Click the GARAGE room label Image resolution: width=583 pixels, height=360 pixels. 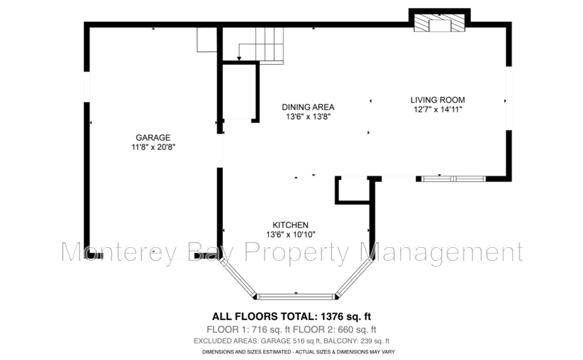pos(153,138)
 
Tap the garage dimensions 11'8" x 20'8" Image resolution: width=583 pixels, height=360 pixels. pos(153,147)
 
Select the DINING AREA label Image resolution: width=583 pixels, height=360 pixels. pos(308,107)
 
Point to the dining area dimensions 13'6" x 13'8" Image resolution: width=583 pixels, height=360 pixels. pos(308,117)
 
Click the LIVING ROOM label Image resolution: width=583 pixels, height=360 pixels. pos(438,100)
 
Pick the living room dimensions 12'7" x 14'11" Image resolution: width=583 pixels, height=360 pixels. pos(438,109)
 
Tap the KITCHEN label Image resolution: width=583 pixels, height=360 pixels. pos(290,225)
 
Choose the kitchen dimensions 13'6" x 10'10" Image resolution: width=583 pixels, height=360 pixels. pos(290,235)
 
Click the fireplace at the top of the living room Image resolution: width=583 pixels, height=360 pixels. pos(439,23)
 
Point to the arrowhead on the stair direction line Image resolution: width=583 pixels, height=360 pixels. pos(239,58)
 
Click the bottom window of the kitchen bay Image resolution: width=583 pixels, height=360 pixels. pos(296,297)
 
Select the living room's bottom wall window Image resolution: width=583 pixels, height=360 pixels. pos(453,179)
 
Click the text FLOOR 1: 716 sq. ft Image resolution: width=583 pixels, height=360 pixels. pos(249,329)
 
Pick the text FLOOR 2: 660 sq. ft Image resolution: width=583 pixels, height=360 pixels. pos(334,329)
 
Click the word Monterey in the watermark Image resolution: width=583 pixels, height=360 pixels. pos(119,252)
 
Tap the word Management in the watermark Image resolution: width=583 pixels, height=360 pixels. pos(442,253)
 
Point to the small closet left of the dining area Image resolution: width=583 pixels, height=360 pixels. pos(238,92)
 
